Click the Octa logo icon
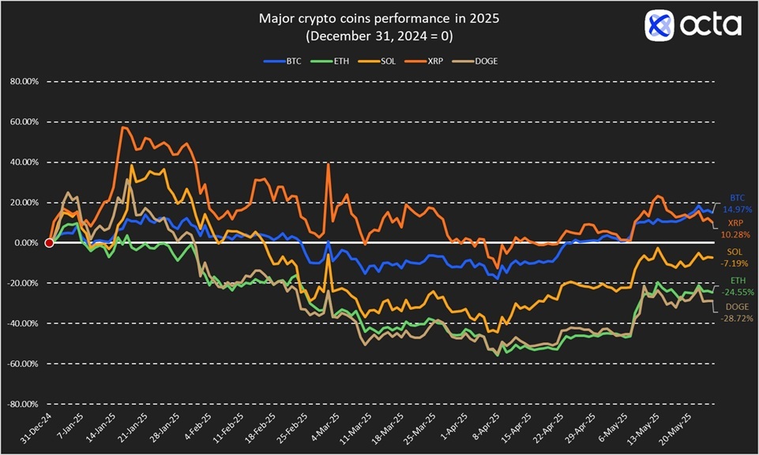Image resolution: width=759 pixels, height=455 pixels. (x=659, y=25)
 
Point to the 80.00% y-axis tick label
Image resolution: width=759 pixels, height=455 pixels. (x=28, y=82)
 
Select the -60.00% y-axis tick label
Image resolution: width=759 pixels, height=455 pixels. (x=26, y=364)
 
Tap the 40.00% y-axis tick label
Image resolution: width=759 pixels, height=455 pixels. (x=28, y=162)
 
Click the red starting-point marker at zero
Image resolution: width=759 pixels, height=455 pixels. (x=49, y=243)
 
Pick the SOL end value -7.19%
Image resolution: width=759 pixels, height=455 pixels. (x=736, y=262)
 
